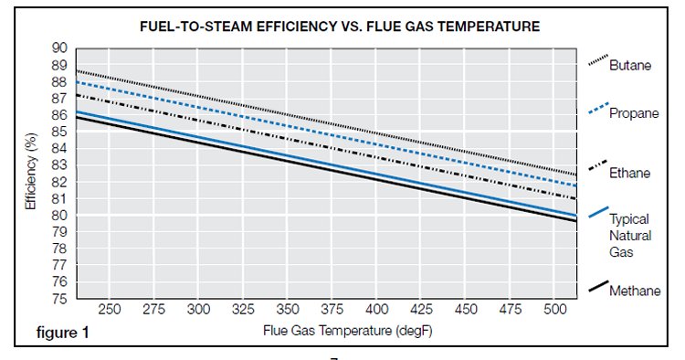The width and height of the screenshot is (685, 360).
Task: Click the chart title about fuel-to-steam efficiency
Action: [340, 26]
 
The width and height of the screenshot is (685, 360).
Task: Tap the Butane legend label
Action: [630, 66]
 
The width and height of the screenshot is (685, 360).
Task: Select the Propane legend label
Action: [634, 113]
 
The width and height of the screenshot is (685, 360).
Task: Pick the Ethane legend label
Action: [629, 173]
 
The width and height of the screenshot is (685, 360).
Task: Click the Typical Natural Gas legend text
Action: [630, 236]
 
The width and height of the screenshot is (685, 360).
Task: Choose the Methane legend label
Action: [635, 291]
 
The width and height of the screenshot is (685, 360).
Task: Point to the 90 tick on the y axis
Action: [60, 48]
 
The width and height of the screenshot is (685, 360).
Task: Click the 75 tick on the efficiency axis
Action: [60, 299]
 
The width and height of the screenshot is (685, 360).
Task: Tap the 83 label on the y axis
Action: [60, 165]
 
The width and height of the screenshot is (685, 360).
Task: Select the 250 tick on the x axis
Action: [110, 310]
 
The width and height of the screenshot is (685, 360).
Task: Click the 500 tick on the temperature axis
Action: [554, 310]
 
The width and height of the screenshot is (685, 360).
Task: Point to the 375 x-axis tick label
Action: [332, 310]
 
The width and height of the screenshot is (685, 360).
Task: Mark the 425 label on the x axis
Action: [421, 310]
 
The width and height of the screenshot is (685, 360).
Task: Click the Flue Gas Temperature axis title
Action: [347, 331]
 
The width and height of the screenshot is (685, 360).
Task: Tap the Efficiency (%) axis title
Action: [30, 171]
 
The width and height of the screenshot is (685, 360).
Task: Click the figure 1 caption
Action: [62, 333]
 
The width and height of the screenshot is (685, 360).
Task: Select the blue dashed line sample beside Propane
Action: [598, 108]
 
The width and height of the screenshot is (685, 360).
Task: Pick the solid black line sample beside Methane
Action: [598, 286]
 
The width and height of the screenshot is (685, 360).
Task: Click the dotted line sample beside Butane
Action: [598, 60]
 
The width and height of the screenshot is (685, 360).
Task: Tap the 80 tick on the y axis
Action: [60, 216]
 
